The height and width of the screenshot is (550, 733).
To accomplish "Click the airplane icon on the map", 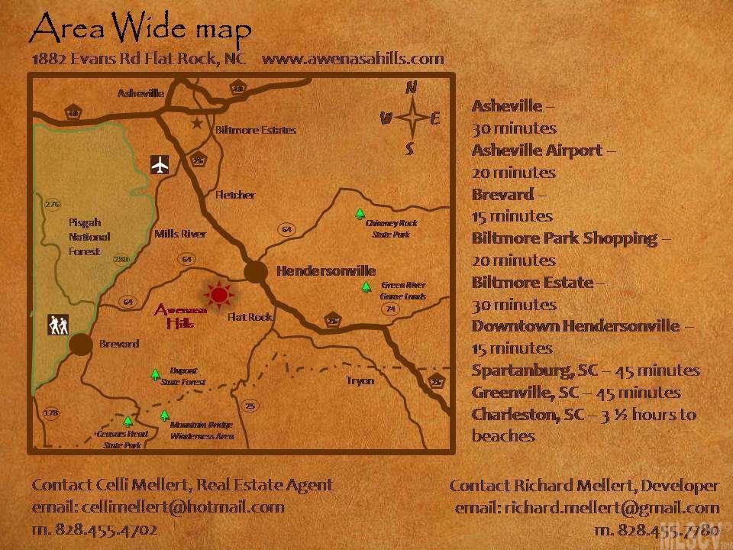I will [x=160, y=164].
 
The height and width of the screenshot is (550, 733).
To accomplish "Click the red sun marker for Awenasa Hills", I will [x=220, y=294].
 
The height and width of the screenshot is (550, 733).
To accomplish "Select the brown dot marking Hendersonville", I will [x=256, y=271].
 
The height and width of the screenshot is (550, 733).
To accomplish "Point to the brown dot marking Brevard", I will [x=80, y=345].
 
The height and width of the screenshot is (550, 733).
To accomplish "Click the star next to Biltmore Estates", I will [x=197, y=123].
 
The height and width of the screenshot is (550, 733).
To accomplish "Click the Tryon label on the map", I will [x=360, y=380].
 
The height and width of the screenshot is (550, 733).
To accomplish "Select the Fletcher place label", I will [x=235, y=195].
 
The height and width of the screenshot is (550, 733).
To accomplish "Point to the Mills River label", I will [x=179, y=235].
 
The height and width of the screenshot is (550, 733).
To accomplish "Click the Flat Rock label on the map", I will [x=250, y=316].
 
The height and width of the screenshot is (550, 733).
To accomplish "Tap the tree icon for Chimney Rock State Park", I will [x=360, y=215].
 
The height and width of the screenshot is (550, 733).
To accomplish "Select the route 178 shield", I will [x=51, y=413].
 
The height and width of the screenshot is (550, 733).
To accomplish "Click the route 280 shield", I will [x=120, y=260].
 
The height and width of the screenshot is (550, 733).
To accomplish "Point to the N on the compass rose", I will [x=411, y=88].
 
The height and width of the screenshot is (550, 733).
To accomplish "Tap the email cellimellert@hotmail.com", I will [x=158, y=506].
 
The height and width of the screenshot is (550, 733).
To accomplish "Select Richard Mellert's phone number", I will [x=657, y=529].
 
